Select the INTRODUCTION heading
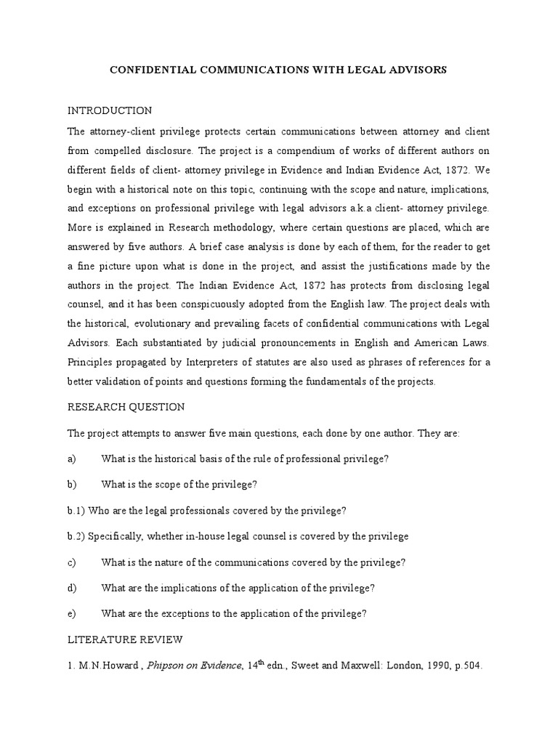pyautogui.click(x=110, y=111)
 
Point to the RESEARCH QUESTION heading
pyautogui.click(x=126, y=407)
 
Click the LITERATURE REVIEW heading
pyautogui.click(x=126, y=640)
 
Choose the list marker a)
pyautogui.click(x=72, y=458)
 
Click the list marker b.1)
pyautogui.click(x=79, y=511)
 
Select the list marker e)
pyautogui.click(x=72, y=614)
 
